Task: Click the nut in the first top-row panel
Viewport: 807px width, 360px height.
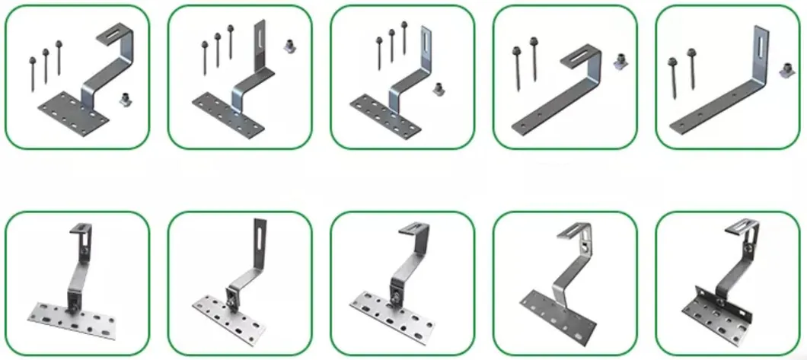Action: [x=126, y=99]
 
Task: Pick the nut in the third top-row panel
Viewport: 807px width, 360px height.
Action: [x=439, y=89]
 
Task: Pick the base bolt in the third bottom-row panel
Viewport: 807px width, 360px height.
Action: [x=394, y=292]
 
